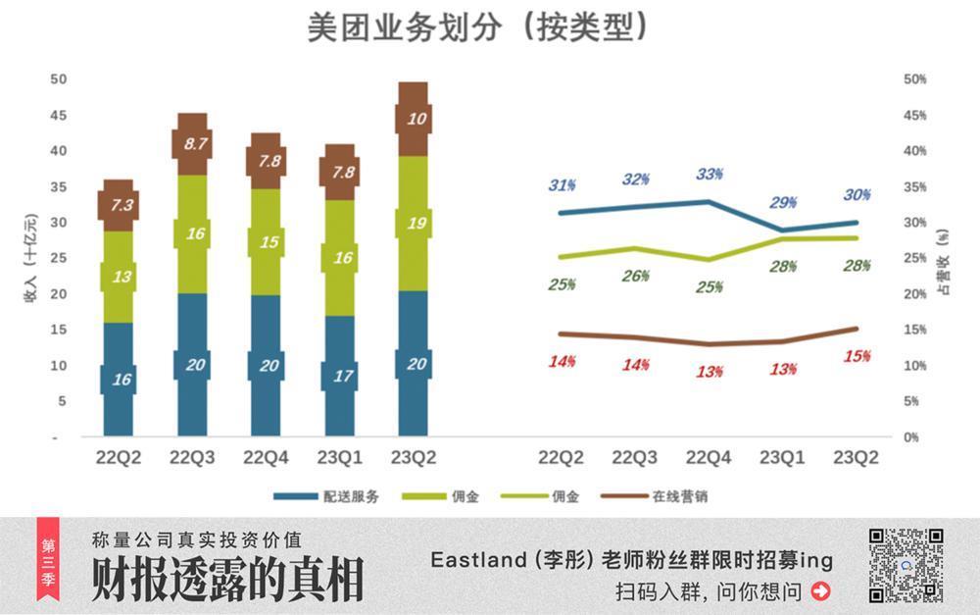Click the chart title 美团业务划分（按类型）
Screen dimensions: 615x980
477,27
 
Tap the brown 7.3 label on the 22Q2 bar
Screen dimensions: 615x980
119,206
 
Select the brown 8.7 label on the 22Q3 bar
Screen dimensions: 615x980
192,143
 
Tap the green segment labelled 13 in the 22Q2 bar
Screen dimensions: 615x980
119,278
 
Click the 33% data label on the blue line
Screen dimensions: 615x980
710,175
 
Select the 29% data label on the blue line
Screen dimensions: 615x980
784,203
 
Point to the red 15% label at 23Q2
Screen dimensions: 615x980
857,356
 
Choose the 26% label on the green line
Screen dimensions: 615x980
635,277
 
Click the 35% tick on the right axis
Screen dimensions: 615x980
914,186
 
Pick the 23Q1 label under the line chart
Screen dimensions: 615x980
782,458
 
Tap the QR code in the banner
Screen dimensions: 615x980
906,565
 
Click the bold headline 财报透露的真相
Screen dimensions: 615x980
227,580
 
